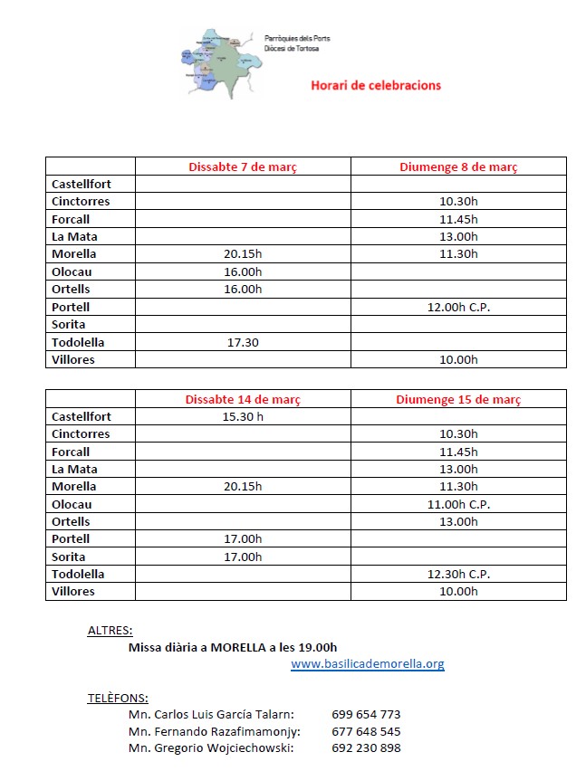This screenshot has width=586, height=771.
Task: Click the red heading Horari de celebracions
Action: (375, 86)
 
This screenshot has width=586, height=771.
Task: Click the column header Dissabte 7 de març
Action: (243, 167)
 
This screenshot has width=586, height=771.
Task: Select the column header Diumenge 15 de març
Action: (458, 399)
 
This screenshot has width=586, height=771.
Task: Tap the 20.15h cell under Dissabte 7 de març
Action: (243, 254)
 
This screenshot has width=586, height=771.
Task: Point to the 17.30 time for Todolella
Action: (243, 342)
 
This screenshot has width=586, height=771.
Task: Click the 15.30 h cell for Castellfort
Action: (243, 417)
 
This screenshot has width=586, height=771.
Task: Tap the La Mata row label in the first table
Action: (74, 237)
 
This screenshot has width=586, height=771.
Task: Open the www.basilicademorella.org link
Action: (367, 664)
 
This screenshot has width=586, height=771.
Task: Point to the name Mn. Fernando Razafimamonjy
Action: (215, 731)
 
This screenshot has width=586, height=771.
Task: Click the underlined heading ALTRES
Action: (110, 630)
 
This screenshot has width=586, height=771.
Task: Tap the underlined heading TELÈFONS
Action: (118, 698)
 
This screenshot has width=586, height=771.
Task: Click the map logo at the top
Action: (215, 62)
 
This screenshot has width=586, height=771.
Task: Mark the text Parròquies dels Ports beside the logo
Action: (297, 39)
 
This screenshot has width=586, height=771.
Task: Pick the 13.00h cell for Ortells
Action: (458, 522)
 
